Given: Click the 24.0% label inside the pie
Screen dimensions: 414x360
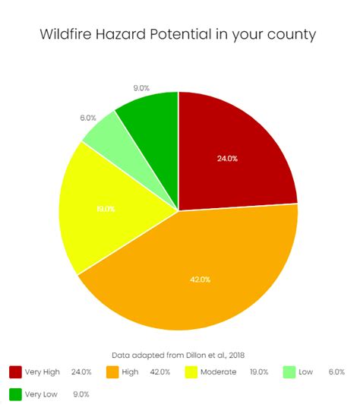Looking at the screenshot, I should point(228,159).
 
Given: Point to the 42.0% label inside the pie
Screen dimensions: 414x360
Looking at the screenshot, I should point(200,280).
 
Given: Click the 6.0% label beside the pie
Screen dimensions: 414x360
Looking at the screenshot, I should point(87,118).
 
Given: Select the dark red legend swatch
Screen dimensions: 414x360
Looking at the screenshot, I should point(15,371).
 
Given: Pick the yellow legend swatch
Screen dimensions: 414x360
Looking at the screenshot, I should point(192,371).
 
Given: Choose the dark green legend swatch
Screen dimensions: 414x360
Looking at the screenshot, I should point(15,394).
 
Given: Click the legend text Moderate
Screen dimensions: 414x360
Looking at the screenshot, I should point(219,371).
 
